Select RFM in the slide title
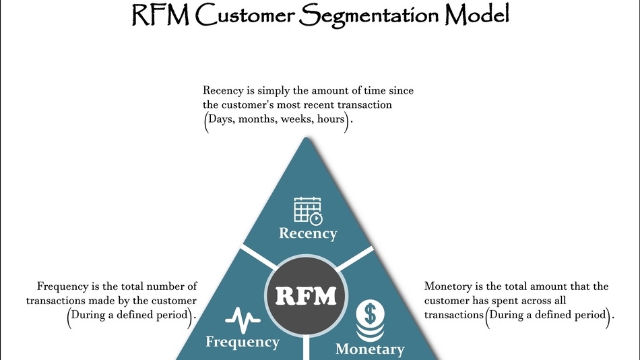point(160,15)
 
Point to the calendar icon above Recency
point(308,210)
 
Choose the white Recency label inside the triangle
point(308,234)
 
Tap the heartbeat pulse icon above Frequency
point(243,317)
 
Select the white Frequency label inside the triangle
point(243,342)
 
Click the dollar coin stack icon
point(370,320)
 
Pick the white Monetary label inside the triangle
point(370,349)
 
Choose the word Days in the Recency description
point(222,120)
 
